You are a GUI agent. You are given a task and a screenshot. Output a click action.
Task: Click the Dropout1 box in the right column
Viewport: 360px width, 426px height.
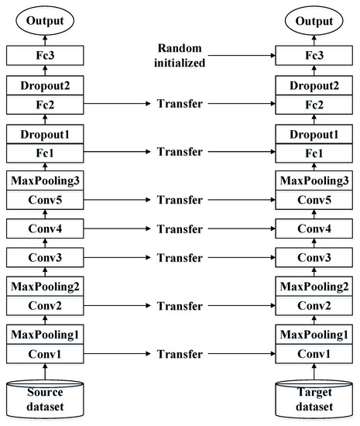(315, 136)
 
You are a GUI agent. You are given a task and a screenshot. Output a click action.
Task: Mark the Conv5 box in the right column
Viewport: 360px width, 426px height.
(315, 199)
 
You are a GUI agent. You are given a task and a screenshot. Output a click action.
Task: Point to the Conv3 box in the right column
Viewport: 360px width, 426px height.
(315, 258)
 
